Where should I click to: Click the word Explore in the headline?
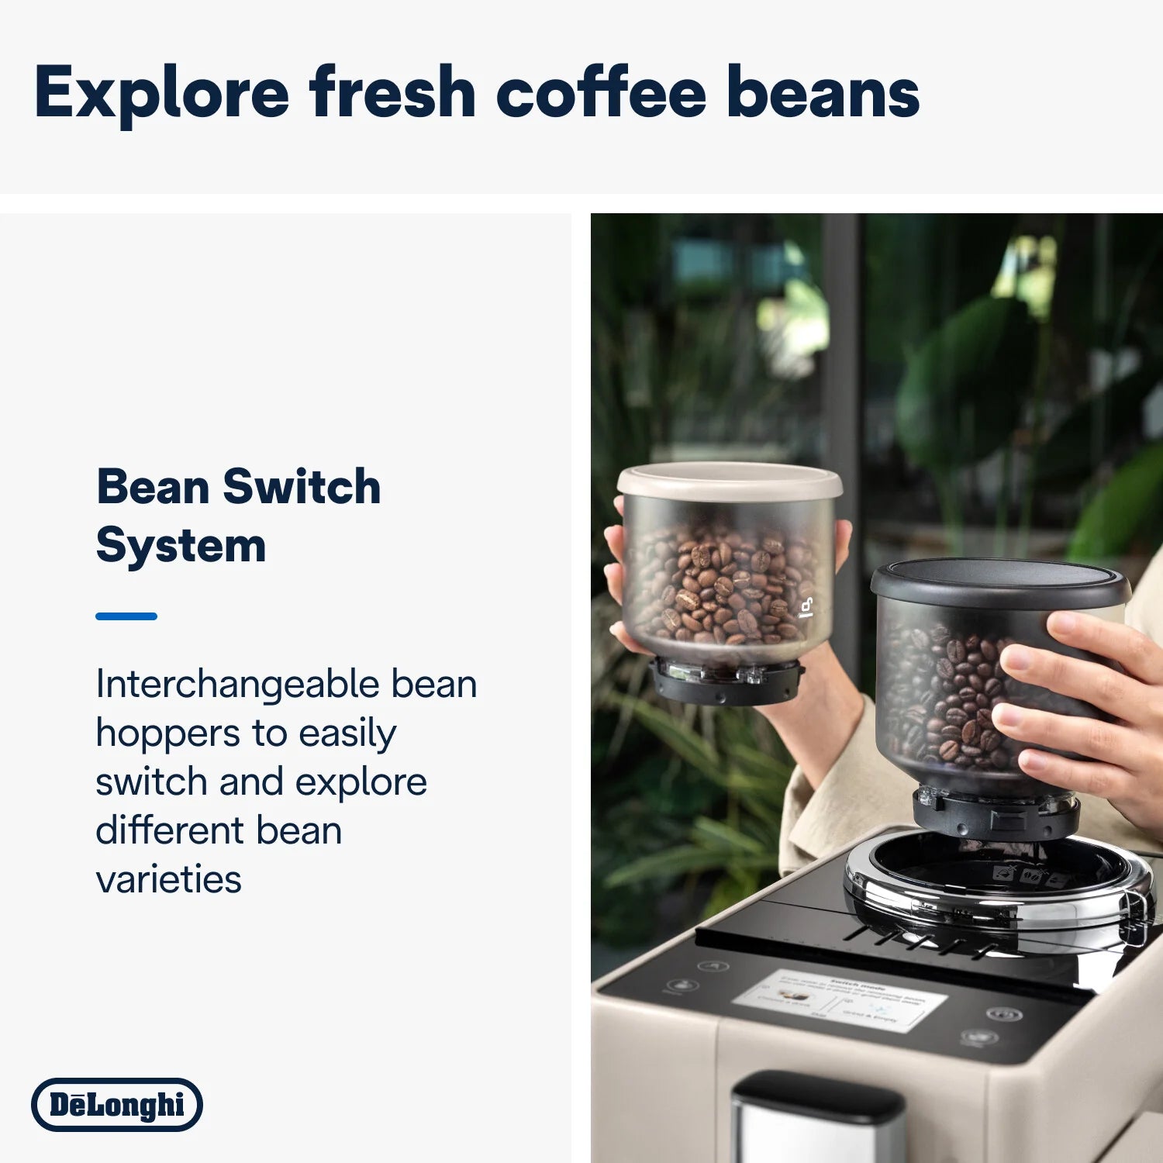161,93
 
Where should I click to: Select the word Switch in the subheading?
302,487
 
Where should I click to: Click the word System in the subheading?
181,545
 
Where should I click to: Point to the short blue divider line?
126,616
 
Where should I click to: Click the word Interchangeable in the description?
236,684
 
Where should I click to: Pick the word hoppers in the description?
168,733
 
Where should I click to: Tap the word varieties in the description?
168,879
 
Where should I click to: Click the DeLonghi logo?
117,1104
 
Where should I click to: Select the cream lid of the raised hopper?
729,481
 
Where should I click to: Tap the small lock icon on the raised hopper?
806,607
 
